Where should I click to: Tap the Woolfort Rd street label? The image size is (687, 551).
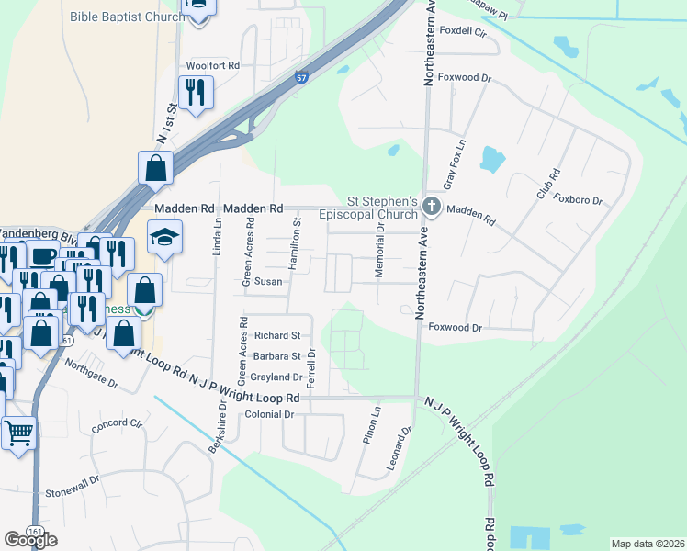(212, 66)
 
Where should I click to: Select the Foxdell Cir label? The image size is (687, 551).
(462, 30)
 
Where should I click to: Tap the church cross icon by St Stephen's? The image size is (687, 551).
(432, 208)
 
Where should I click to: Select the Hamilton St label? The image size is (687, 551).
(296, 243)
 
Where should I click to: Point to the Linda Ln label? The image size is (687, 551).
(218, 236)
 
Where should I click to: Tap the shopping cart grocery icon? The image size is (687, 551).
(18, 432)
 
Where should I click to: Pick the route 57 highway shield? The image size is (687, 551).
(301, 78)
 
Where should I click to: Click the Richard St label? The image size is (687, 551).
(277, 335)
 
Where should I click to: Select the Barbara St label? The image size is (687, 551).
(277, 356)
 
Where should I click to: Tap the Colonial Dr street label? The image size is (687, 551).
(268, 414)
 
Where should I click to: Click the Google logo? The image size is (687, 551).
(30, 539)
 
